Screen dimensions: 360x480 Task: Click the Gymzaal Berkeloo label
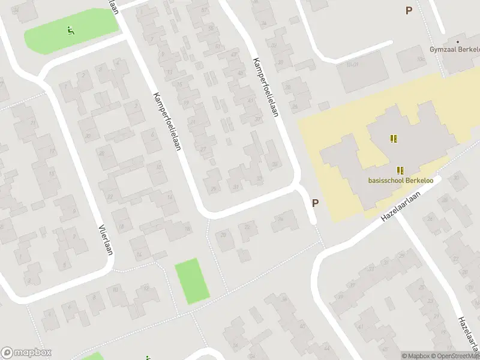click(x=454, y=49)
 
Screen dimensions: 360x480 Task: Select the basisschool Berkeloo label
click(x=401, y=181)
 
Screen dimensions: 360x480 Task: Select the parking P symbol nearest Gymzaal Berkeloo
click(x=409, y=10)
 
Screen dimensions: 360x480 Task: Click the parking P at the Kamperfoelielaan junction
click(x=315, y=203)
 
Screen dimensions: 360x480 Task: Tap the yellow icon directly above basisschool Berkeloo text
click(x=400, y=170)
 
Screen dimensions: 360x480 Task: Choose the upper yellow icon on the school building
click(x=394, y=139)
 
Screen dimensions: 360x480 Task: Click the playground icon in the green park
click(x=71, y=29)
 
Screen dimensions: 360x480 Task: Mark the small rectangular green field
click(x=192, y=281)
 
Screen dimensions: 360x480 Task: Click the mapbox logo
click(x=26, y=353)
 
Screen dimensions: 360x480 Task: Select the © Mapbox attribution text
click(x=416, y=356)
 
